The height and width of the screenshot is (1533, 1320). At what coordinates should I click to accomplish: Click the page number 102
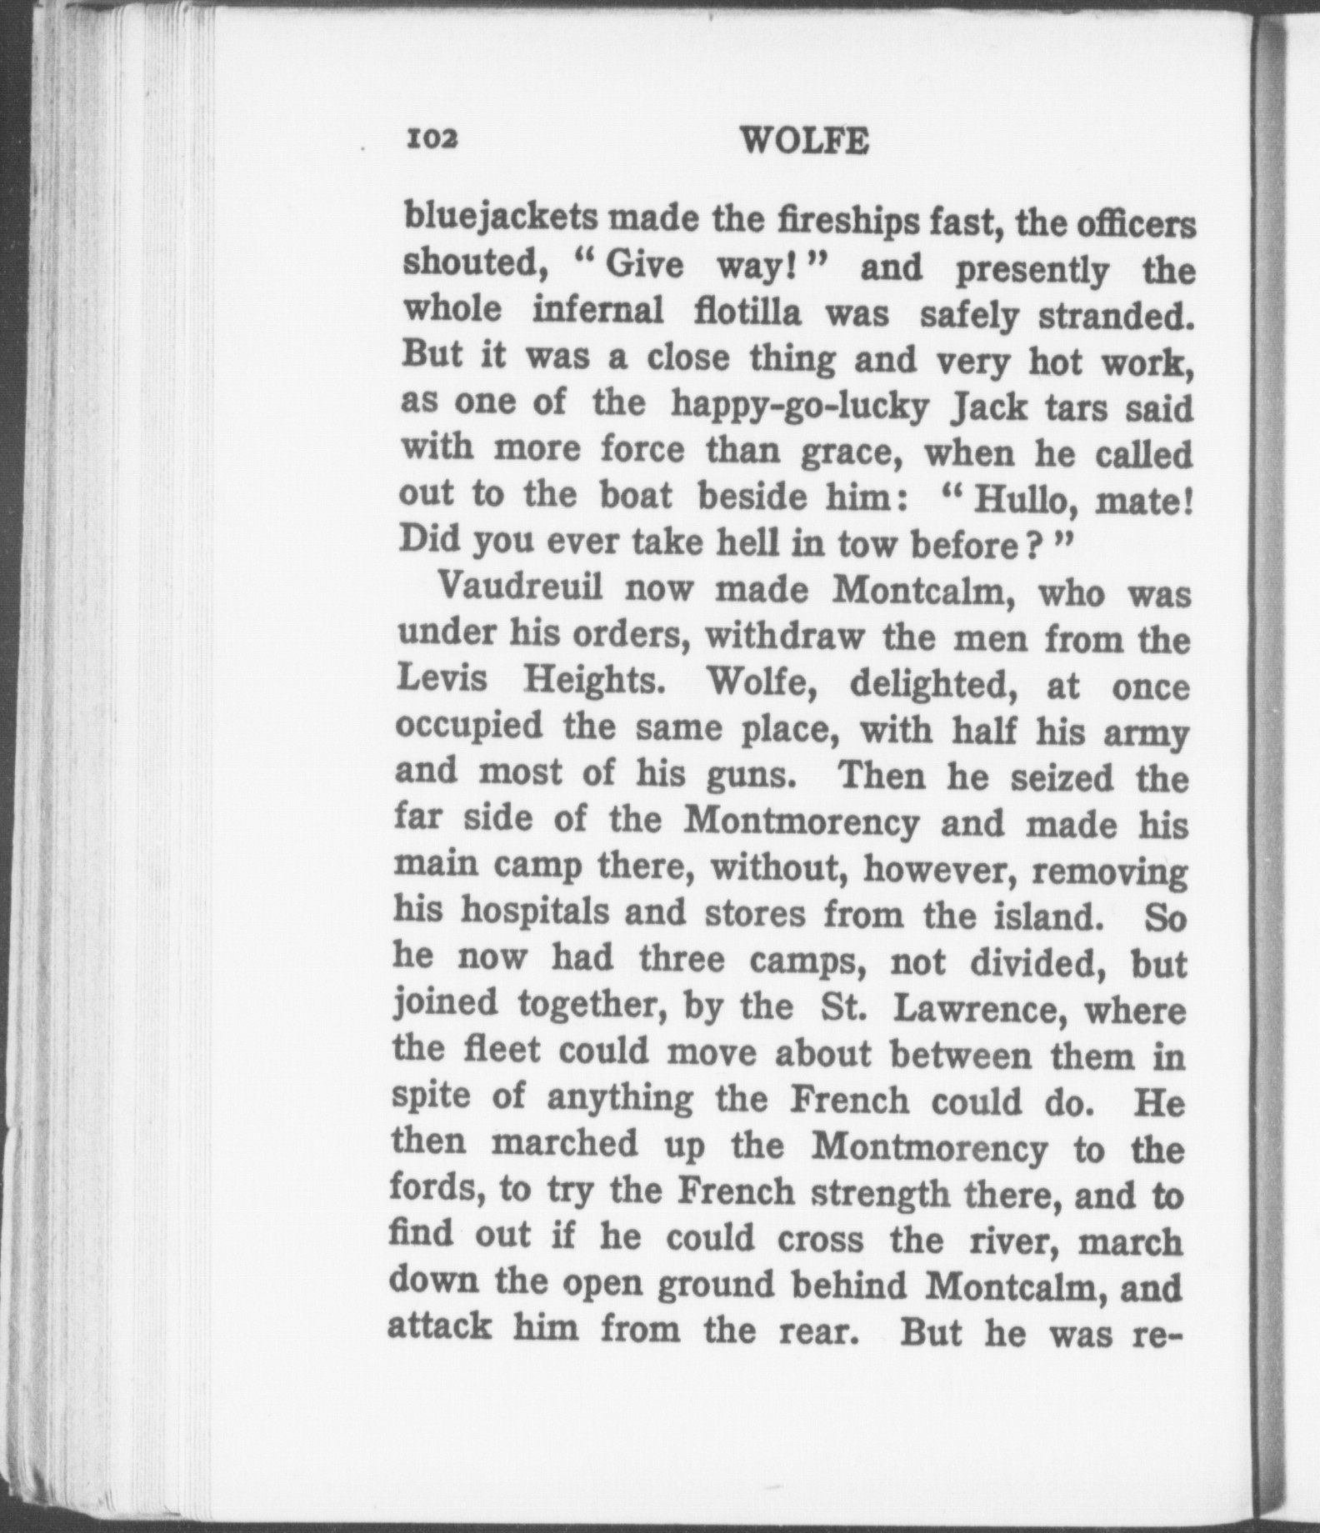[x=432, y=138]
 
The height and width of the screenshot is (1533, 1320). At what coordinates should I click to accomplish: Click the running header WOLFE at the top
[x=804, y=142]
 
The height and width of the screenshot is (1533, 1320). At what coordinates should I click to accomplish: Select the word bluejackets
[x=500, y=218]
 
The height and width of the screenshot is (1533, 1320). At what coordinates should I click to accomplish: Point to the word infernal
[x=598, y=311]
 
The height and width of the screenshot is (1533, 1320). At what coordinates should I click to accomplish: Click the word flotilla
[x=747, y=313]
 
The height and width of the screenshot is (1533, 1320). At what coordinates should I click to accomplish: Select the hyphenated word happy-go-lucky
[x=799, y=407]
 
